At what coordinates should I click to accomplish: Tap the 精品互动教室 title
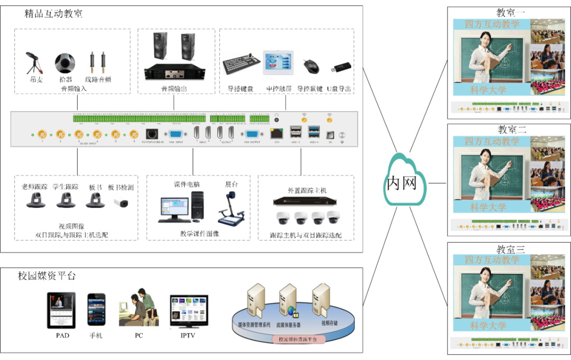point(53,14)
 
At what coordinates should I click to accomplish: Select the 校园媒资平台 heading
point(47,275)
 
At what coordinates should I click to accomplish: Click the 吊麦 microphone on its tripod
point(33,62)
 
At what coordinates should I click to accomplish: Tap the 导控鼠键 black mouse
point(311,66)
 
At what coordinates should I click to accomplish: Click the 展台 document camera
point(231,208)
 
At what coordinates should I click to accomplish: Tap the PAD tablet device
point(61,310)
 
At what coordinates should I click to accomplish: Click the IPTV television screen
point(188,312)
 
